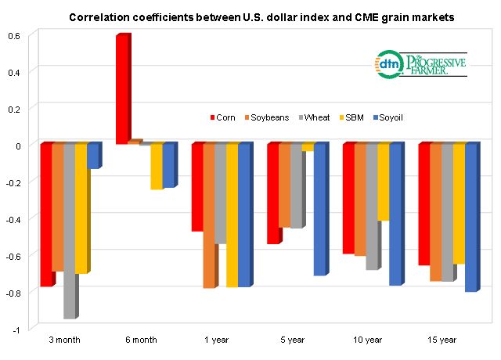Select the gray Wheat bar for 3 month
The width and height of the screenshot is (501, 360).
pyautogui.click(x=69, y=231)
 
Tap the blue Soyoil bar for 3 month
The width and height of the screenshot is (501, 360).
pyautogui.click(x=92, y=157)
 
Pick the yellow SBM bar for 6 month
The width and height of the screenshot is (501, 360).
pyautogui.click(x=157, y=167)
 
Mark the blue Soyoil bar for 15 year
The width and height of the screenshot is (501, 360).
pyautogui.click(x=470, y=218)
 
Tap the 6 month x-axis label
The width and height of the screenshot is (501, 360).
pyautogui.click(x=140, y=340)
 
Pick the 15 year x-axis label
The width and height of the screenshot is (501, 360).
pyautogui.click(x=441, y=340)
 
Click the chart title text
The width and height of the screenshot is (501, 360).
pyautogui.click(x=250, y=16)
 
